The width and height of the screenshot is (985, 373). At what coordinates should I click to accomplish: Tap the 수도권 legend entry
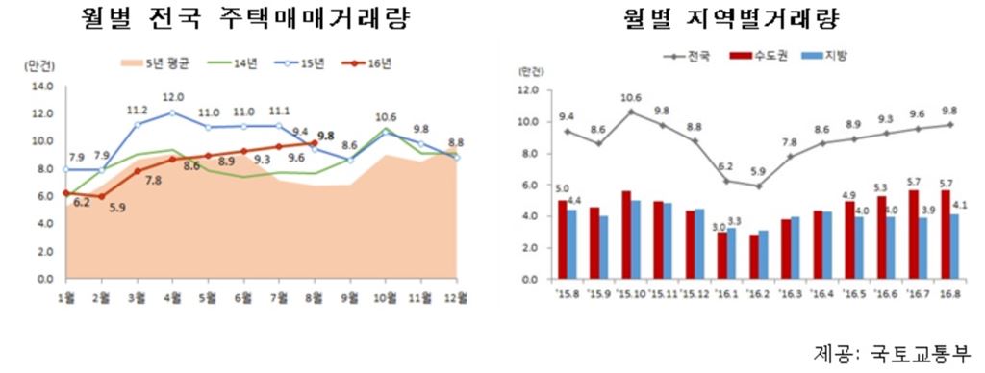pos(759,56)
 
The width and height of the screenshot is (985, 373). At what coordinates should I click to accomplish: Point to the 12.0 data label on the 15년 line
pos(173,97)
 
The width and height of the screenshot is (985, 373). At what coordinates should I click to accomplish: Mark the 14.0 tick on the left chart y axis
pos(42,86)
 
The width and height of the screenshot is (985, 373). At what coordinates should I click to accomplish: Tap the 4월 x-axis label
pos(173,297)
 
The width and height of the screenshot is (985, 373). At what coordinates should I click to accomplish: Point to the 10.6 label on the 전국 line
pos(631,97)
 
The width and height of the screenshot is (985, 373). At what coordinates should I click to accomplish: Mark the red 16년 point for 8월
pos(314,143)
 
